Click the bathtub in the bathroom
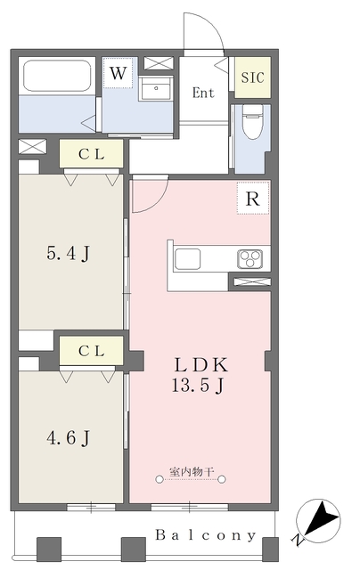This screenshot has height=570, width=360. (x=57, y=76)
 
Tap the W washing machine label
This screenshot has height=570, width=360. (x=118, y=73)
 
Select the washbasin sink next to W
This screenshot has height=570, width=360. (x=156, y=88)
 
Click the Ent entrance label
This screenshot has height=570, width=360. (x=203, y=93)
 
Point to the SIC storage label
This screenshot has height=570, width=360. (x=252, y=77)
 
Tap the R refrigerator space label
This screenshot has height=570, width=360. (x=253, y=199)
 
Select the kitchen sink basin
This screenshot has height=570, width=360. (x=187, y=259)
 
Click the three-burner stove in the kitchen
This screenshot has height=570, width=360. (x=250, y=259)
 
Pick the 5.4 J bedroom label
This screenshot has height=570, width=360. (x=68, y=253)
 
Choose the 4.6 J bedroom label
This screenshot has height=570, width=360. (x=68, y=437)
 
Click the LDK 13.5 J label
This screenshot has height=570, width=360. (x=200, y=375)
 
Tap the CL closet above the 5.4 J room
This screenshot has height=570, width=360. (x=91, y=154)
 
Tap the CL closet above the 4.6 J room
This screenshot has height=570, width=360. (x=91, y=350)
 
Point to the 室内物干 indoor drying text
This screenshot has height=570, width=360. (x=192, y=472)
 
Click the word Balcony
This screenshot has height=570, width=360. (x=206, y=535)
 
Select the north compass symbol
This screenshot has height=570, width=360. (x=318, y=518)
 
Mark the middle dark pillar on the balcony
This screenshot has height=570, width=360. (x=133, y=550)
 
